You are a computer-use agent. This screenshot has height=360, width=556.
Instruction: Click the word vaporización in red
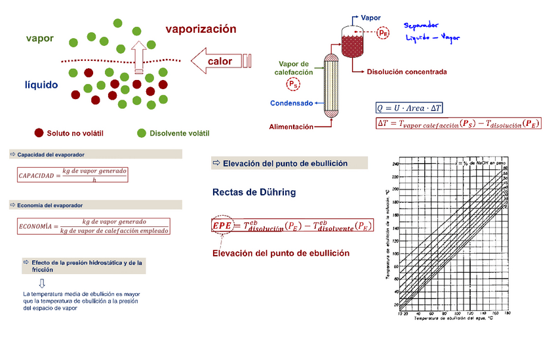point(201,30)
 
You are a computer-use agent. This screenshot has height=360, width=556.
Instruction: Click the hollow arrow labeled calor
point(220,61)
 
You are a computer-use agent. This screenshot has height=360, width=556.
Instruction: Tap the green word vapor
point(40,39)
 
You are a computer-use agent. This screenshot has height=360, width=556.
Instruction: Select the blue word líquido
point(41,85)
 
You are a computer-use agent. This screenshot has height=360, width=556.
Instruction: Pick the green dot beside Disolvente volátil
point(141,133)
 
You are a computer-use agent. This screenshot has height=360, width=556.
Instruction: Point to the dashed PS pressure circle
point(292,84)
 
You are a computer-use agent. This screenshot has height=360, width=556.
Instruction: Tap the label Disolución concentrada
point(407,72)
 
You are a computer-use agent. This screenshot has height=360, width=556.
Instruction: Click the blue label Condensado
point(291,103)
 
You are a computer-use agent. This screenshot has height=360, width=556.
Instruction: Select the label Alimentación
point(290,127)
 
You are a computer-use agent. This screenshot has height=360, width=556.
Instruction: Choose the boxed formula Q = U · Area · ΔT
point(410,108)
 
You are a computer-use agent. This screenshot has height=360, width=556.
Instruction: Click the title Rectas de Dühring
point(254,192)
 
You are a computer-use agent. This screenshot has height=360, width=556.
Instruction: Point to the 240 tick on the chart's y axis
point(395,165)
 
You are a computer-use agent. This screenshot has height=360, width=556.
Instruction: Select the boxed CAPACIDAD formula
point(72,175)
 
